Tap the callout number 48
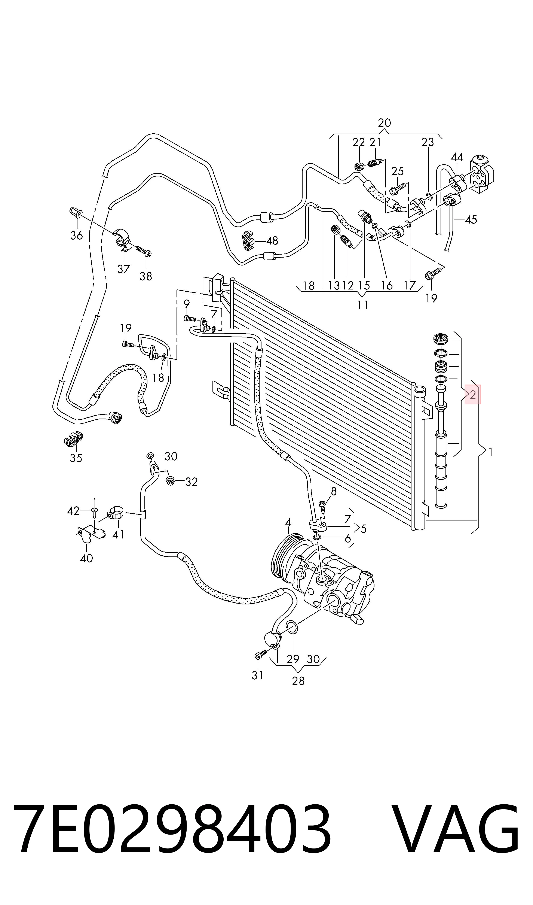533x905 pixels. point(272,241)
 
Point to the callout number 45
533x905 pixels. point(471,219)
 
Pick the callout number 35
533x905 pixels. point(76,458)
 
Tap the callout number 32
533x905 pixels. point(192,482)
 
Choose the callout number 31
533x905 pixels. point(258,675)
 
